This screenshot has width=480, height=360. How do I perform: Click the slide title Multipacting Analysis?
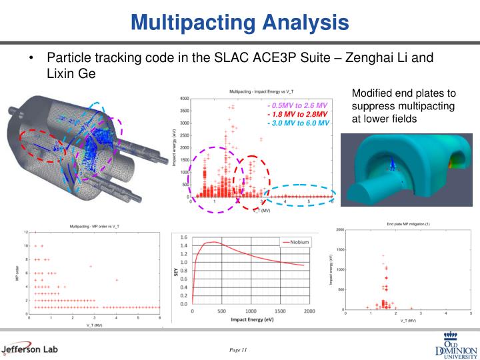240,23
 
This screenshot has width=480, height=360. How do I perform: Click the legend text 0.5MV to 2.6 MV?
299,105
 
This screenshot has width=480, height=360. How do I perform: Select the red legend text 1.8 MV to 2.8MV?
298,114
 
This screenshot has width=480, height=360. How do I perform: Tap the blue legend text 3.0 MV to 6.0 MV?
299,123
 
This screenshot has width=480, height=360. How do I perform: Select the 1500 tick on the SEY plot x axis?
281,311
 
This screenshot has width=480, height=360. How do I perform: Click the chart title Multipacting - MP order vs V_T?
95,227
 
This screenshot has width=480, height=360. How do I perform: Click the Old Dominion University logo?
455,345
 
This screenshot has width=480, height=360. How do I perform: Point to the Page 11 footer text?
238,350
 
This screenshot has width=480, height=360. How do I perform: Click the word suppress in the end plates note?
371,106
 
